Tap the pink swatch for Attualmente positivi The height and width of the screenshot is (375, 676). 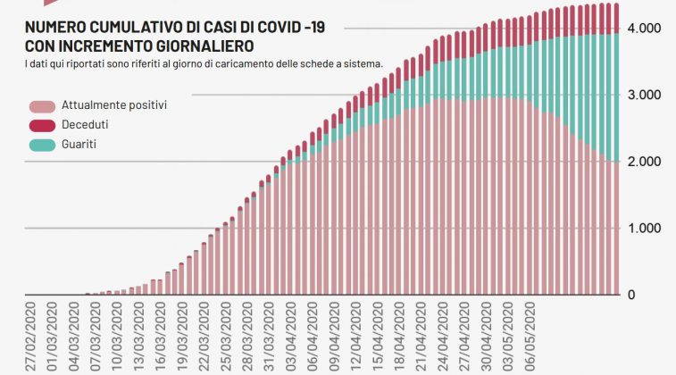(41, 105)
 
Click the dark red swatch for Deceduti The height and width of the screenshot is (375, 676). (41, 124)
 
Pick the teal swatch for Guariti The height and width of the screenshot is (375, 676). (41, 144)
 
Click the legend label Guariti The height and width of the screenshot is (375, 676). (79, 144)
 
